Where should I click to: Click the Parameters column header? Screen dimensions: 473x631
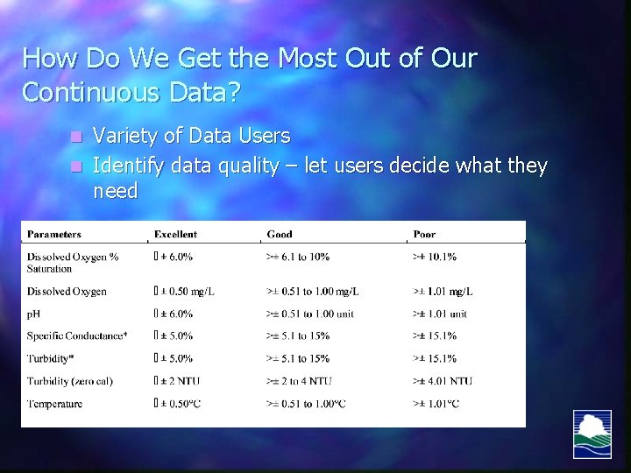point(54,235)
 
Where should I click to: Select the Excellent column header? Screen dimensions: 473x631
point(175,235)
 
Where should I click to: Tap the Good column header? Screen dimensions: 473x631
point(280,235)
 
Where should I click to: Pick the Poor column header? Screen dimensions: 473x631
point(423,235)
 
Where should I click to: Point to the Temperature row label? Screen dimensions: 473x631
point(54,404)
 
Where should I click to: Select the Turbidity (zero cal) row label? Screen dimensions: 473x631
point(69,381)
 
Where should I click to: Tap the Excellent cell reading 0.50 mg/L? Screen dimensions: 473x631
point(185,291)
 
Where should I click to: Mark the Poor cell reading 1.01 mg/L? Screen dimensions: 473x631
point(443,291)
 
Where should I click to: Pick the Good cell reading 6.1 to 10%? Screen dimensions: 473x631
point(298,257)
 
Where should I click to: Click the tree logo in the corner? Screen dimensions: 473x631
point(592,434)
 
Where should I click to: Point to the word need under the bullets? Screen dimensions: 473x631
point(115,191)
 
